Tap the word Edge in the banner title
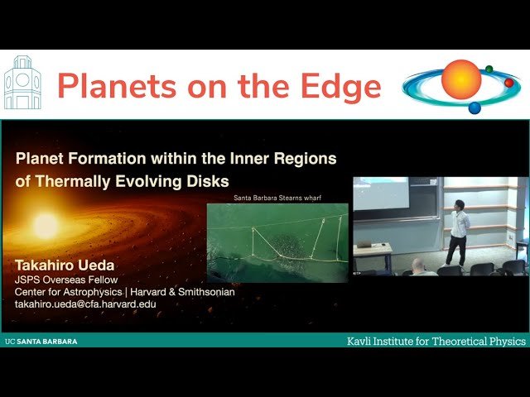pos(340,85)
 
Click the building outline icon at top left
pos(22,84)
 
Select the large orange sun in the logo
pos(460,79)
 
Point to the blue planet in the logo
pos(475,108)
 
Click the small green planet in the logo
pos(489,69)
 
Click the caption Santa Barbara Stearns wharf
pos(277,196)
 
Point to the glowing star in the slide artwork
pos(46,225)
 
